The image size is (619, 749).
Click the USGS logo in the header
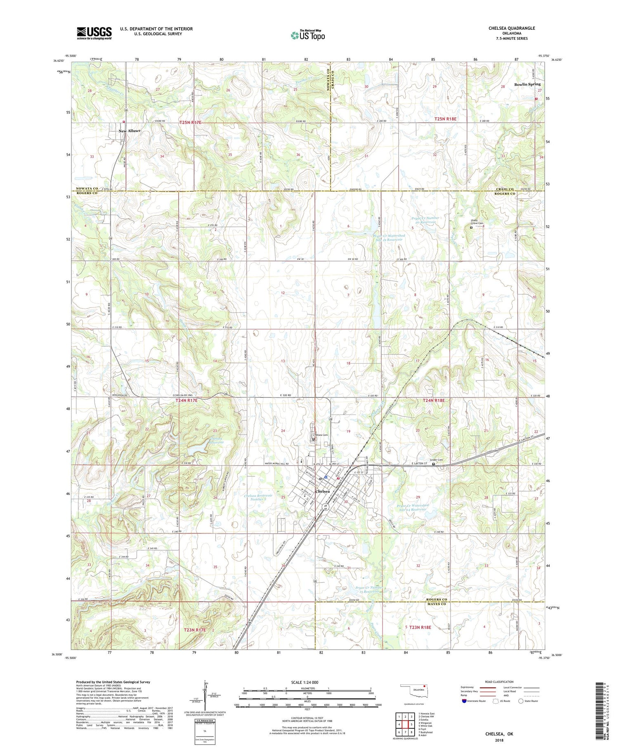click(x=94, y=33)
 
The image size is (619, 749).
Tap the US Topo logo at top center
click(x=307, y=35)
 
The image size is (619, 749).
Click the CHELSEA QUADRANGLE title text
click(x=511, y=28)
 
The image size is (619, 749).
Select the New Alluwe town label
click(x=130, y=131)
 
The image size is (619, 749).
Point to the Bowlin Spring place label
click(x=527, y=84)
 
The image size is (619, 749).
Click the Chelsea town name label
click(x=322, y=491)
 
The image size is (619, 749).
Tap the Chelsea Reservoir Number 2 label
click(x=258, y=497)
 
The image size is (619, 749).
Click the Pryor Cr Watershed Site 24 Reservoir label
click(x=406, y=507)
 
